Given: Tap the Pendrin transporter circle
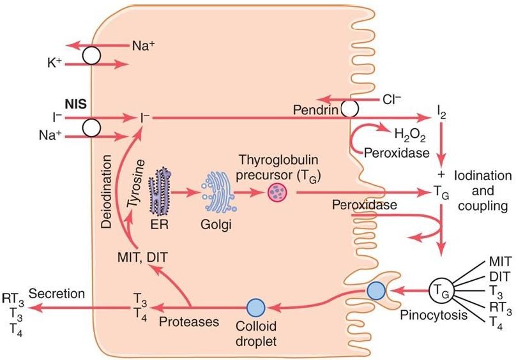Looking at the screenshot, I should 349,109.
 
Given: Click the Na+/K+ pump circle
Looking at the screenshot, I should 91,56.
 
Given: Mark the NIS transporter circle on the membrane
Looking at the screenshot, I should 91,127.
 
